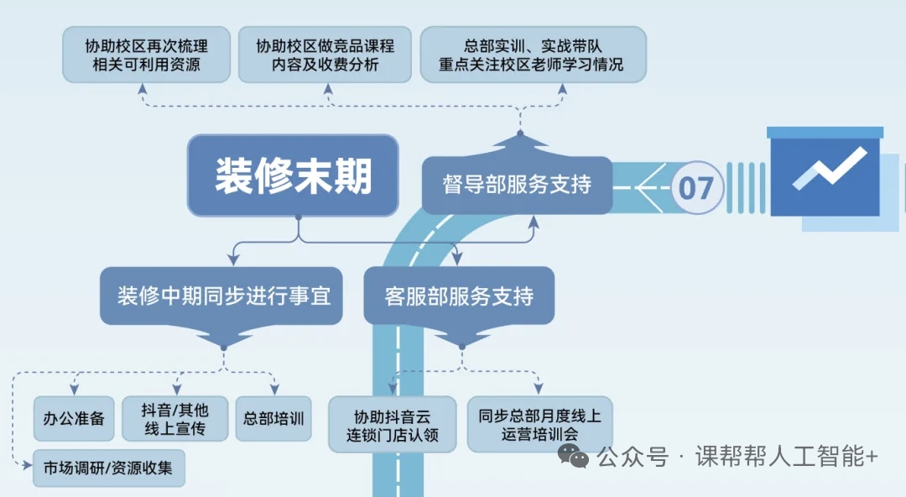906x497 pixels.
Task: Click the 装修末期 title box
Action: coord(293,176)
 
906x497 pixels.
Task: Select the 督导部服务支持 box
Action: coord(517,185)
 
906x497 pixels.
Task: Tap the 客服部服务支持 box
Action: coord(459,296)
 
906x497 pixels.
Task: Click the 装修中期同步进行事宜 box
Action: coord(222,296)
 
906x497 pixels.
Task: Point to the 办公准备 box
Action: coord(74,418)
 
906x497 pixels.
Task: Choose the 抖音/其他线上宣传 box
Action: coord(175,418)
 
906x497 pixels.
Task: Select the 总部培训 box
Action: coord(273,418)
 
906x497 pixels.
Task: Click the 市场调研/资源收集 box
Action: coord(108,468)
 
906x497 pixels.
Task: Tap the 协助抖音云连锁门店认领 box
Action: coord(393,425)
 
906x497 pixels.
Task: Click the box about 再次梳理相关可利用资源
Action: coord(147,55)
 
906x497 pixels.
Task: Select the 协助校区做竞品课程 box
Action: coord(325,55)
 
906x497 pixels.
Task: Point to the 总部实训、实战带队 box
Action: coord(532,55)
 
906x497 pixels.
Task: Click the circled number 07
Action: coord(695,187)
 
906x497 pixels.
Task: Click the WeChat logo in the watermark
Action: coord(575,457)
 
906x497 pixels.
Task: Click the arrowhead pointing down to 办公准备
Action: coord(74,390)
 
